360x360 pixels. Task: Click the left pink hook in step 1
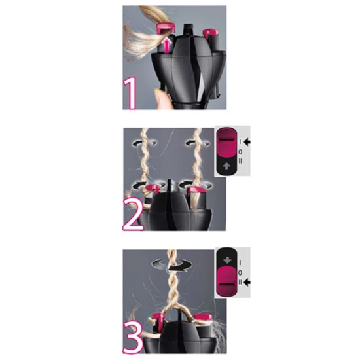[164, 27]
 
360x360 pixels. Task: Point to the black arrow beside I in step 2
[247, 141]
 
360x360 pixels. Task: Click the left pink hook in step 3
[158, 320]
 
